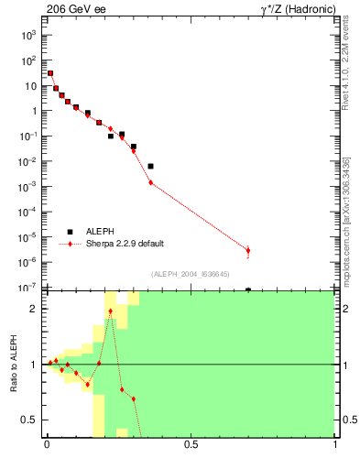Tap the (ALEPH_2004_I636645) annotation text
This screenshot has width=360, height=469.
tap(191, 274)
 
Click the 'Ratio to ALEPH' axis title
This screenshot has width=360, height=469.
tap(14, 365)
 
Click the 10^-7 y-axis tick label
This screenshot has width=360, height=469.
tap(27, 288)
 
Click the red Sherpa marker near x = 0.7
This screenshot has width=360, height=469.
tap(248, 250)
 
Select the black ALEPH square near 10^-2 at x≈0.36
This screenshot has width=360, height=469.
tap(151, 166)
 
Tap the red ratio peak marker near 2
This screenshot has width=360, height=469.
tap(111, 311)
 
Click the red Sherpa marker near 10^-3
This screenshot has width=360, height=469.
tap(151, 183)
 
